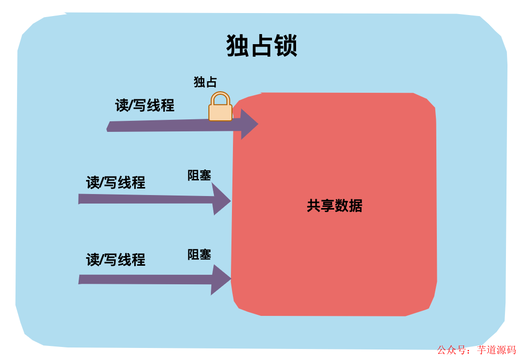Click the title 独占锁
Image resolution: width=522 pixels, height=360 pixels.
[262, 46]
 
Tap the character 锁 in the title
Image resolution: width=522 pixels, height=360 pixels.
[286, 46]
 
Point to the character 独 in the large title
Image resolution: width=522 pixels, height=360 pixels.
[238, 46]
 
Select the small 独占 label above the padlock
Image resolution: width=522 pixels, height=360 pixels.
[205, 82]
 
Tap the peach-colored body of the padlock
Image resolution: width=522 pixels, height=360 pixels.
[220, 112]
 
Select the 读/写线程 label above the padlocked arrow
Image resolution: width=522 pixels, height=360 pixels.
[145, 105]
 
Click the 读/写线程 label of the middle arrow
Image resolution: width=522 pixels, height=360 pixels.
[116, 183]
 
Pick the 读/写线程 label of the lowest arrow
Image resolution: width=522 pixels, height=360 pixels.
[116, 260]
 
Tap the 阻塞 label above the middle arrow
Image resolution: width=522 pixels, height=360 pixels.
[199, 175]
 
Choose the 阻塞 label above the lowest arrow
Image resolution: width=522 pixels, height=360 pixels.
[199, 254]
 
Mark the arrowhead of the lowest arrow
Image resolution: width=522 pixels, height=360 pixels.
[220, 279]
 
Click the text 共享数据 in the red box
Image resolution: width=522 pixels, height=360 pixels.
[334, 206]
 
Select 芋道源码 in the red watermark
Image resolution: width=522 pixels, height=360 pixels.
[496, 350]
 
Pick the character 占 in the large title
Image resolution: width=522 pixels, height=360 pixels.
[262, 46]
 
